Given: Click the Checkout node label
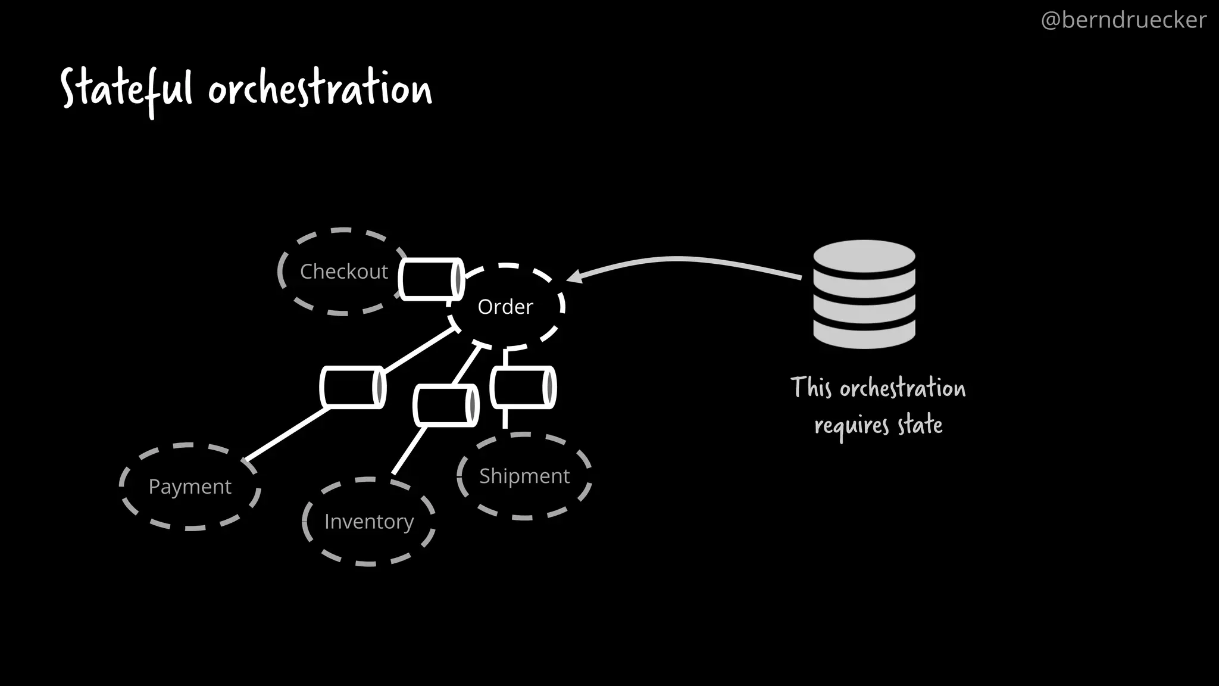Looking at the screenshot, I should click(343, 272).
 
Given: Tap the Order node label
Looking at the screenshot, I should click(505, 307).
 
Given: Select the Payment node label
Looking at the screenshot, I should click(190, 487).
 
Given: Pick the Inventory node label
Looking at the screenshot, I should click(369, 522).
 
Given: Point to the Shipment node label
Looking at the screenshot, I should click(524, 476).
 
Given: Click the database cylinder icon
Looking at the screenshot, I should click(864, 294).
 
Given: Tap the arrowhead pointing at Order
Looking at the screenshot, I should click(575, 276).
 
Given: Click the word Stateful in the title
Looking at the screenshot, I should click(127, 89).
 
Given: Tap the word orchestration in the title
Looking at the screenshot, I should click(320, 89).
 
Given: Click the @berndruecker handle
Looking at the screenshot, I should click(1123, 20).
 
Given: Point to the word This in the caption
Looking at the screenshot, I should click(811, 388).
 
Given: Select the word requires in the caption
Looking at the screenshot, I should click(852, 426).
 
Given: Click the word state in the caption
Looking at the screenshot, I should click(920, 425).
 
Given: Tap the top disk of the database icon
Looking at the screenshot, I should click(864, 254).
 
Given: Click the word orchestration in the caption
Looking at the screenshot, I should click(902, 388).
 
